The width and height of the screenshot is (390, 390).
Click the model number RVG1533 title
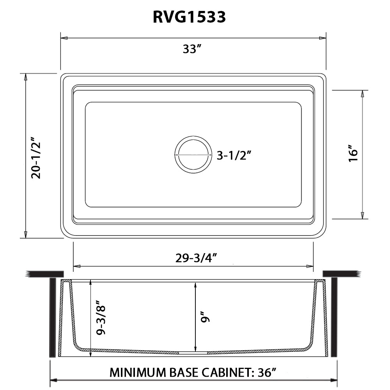[189, 17]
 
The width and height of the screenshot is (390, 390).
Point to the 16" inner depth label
[353, 154]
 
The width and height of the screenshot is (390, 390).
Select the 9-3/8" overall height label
[101, 318]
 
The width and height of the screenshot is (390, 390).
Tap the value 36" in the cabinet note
[267, 372]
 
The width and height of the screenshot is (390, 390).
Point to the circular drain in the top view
[193, 154]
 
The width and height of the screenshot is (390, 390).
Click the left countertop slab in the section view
[44, 274]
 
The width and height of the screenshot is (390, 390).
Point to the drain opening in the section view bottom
[193, 352]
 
